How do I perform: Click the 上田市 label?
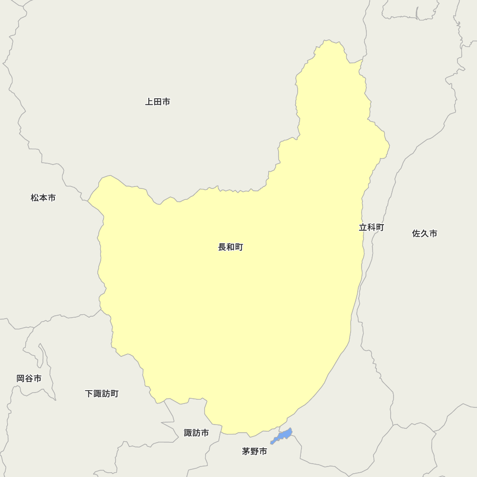pyautogui.click(x=157, y=102)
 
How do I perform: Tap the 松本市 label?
pyautogui.click(x=43, y=197)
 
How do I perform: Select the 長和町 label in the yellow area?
pyautogui.click(x=230, y=247)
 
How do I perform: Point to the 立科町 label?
pyautogui.click(x=371, y=228)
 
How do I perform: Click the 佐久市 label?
pyautogui.click(x=425, y=233)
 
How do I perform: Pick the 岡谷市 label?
pyautogui.click(x=29, y=378)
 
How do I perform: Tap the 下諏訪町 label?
pyautogui.click(x=102, y=394)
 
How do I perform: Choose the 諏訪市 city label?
pyautogui.click(x=196, y=433)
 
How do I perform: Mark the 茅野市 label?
pyautogui.click(x=254, y=451)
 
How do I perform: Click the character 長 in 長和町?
pyautogui.click(x=222, y=247)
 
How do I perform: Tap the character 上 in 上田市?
pyautogui.click(x=149, y=102)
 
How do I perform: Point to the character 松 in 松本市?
pyautogui.click(x=35, y=197)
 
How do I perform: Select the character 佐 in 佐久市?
pyautogui.click(x=416, y=233)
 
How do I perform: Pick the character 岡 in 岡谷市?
pyautogui.click(x=21, y=378)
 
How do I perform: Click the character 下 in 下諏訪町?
pyautogui.click(x=89, y=394)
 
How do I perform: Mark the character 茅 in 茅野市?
pyautogui.click(x=246, y=451)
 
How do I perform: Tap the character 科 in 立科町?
pyautogui.click(x=371, y=228)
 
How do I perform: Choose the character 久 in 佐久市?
pyautogui.click(x=425, y=233)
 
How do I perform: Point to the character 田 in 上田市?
pyautogui.click(x=157, y=102)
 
